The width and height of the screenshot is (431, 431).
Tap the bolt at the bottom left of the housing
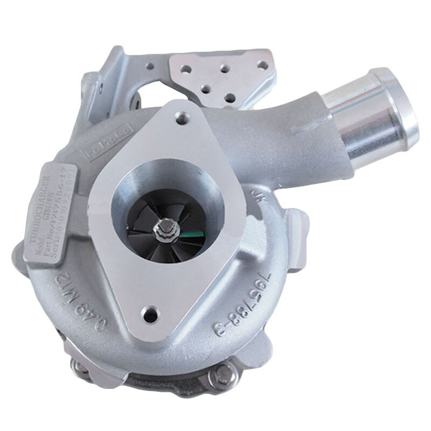(x=81, y=368)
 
